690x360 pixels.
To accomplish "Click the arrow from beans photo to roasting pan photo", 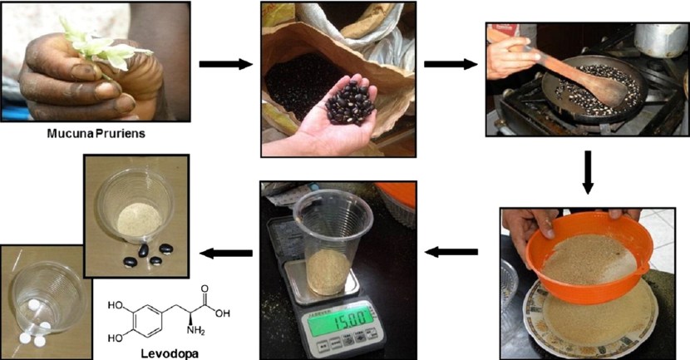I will (x=450, y=63).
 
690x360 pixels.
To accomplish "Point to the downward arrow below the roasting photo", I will (x=587, y=172).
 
